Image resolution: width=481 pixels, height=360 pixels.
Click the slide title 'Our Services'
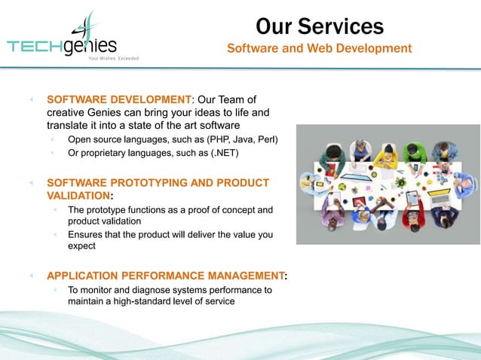click(x=319, y=26)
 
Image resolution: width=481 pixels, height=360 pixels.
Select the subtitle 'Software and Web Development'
click(x=319, y=49)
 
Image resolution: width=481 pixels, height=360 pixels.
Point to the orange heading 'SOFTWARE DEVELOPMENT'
click(x=119, y=99)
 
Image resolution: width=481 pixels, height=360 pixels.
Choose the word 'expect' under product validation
click(x=82, y=246)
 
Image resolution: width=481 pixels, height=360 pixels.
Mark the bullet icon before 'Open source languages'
click(x=53, y=139)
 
